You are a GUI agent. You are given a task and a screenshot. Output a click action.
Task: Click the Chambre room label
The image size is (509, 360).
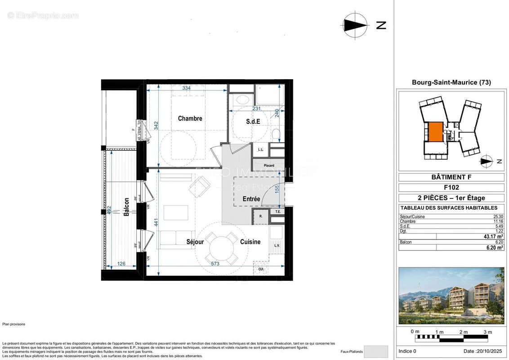point(190,119)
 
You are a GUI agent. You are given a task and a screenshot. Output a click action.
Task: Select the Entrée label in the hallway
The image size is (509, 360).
point(251,198)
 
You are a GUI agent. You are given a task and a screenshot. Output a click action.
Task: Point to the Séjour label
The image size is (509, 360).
point(195,242)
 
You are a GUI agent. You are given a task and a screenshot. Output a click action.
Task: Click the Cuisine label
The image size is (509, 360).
point(250,242)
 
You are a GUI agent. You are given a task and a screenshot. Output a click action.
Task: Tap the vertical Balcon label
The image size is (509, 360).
point(126,207)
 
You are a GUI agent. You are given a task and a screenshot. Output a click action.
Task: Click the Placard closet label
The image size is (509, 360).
point(269,166)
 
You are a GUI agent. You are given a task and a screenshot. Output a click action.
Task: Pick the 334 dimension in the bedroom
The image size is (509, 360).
point(186,88)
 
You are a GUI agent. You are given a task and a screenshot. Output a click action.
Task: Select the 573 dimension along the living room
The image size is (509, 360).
point(215,264)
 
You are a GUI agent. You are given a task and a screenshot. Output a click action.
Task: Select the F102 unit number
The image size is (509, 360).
point(451,188)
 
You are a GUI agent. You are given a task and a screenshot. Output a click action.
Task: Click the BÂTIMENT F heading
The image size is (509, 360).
point(451,177)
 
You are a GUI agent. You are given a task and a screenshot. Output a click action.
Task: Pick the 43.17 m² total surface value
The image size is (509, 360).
point(493,236)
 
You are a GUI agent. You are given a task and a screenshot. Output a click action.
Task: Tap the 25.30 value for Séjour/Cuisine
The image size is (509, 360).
point(498,216)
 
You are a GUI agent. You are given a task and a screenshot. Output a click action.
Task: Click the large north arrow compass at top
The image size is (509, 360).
point(355,25)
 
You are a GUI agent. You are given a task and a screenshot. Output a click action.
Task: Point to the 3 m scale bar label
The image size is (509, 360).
point(487,332)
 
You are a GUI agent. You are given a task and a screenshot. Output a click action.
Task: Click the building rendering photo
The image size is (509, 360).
point(451,296)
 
